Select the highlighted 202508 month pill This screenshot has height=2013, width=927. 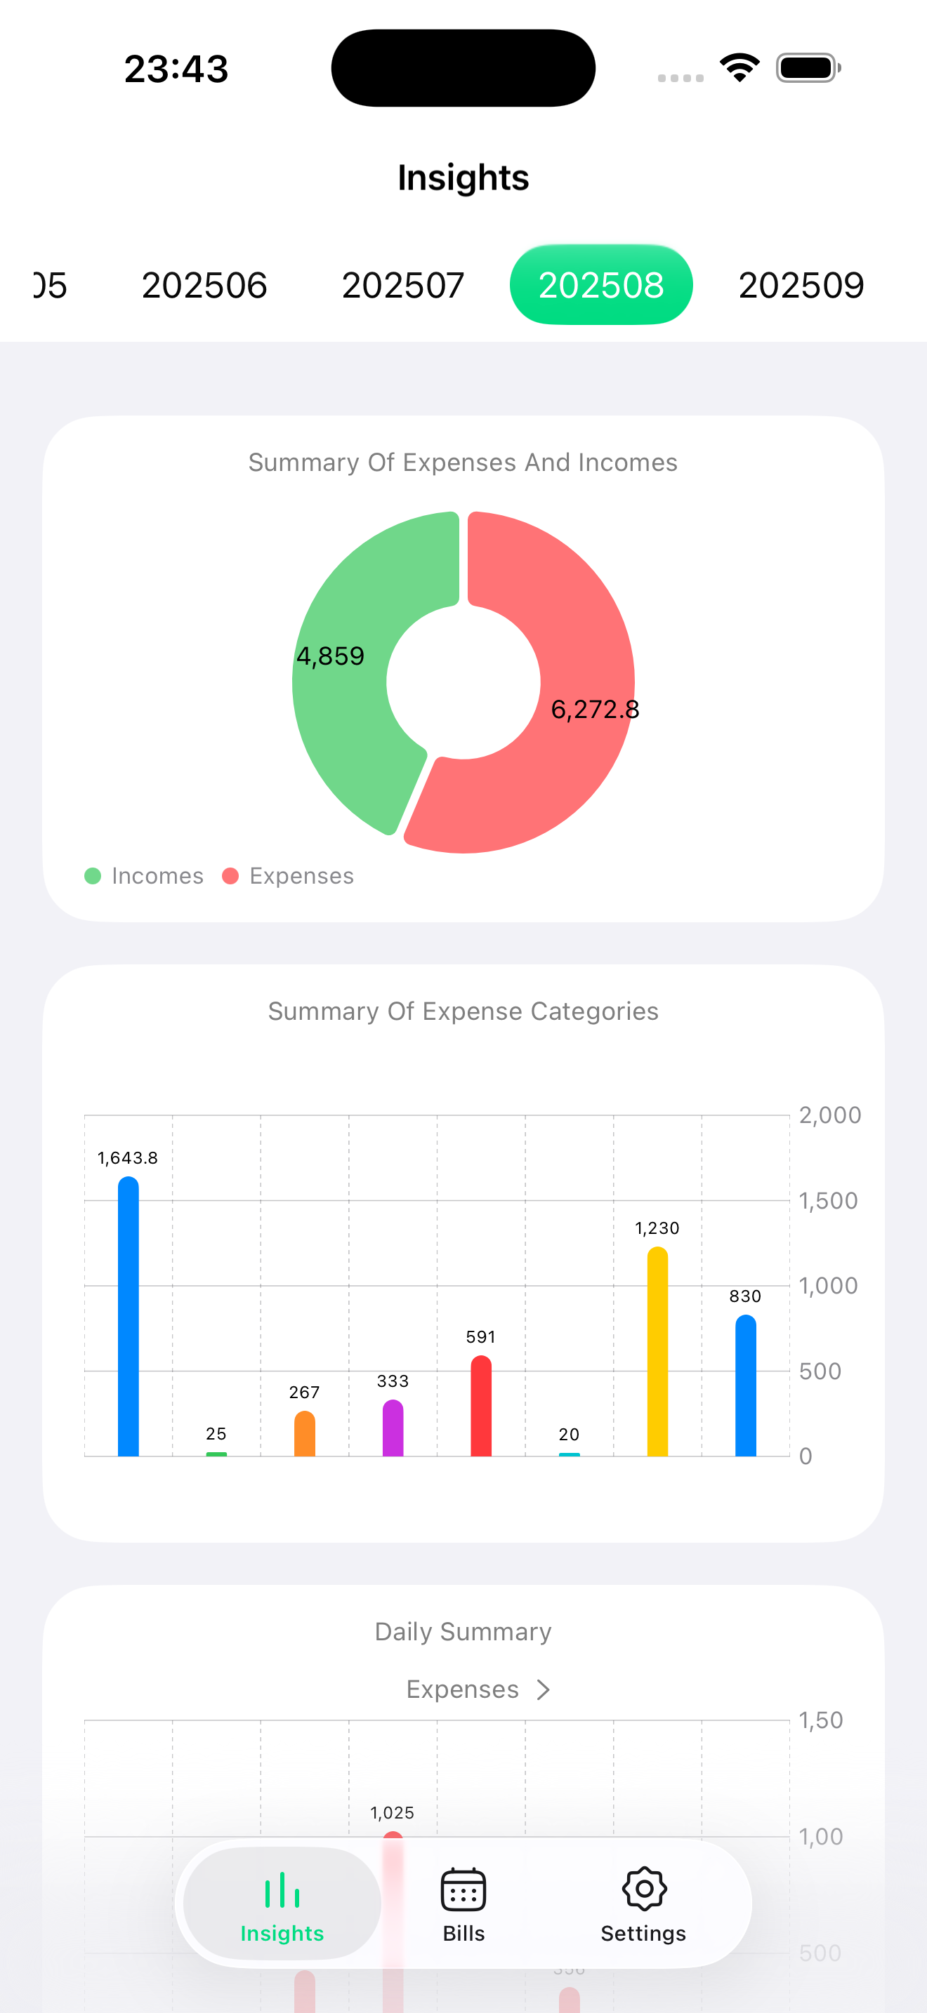(x=600, y=285)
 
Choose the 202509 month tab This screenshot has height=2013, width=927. (x=801, y=285)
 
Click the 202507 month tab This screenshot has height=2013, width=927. (x=402, y=285)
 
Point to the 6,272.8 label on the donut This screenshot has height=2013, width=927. (x=595, y=710)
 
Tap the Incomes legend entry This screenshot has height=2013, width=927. (x=145, y=876)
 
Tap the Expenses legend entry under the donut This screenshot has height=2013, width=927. (x=289, y=876)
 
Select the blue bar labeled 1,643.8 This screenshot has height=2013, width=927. (x=129, y=1321)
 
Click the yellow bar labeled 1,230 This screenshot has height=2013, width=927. (x=657, y=1356)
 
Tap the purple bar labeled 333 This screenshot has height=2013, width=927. (x=393, y=1430)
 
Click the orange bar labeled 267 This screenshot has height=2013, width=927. (x=304, y=1435)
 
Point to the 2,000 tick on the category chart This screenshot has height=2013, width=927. (x=829, y=1115)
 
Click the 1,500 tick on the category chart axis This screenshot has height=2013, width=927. (x=828, y=1200)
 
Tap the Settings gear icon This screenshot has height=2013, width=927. (x=644, y=1889)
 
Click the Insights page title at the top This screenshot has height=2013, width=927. (x=463, y=178)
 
